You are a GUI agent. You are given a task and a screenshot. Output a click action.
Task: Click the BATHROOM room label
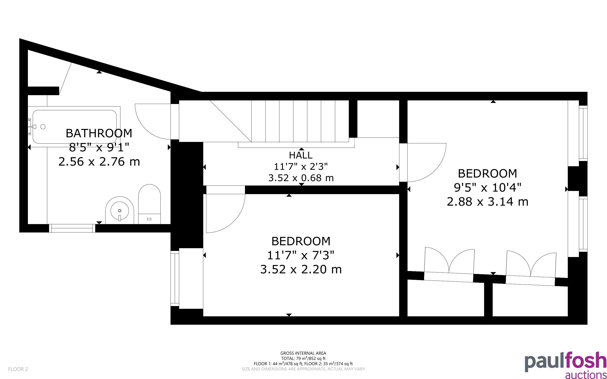click(99, 133)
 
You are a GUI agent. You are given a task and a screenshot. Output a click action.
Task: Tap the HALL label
click(301, 155)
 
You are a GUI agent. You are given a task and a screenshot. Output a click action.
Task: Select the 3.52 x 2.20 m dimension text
click(301, 269)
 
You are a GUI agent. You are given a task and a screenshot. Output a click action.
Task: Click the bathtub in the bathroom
click(75, 127)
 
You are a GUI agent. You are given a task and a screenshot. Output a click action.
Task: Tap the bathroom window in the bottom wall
click(72, 228)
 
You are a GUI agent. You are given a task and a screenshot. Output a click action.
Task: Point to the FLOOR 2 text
click(18, 369)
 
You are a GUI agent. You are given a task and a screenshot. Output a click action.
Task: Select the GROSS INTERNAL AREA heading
click(303, 353)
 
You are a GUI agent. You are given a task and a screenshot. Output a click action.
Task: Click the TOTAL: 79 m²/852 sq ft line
click(303, 358)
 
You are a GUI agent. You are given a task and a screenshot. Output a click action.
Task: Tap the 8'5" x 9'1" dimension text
click(99, 147)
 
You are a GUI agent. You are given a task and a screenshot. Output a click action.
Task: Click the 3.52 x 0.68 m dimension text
click(301, 178)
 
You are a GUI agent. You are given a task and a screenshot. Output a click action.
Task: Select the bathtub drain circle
click(43, 127)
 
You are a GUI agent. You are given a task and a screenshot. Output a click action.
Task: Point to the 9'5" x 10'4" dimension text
click(488, 187)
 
